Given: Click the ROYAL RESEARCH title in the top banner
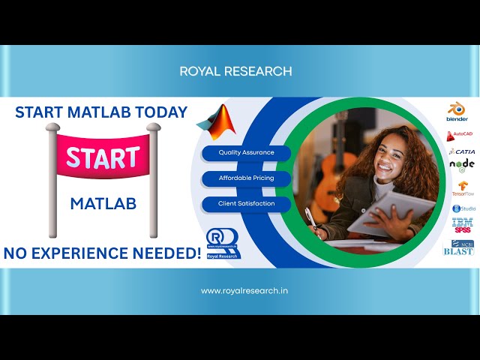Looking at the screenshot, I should coord(235,71).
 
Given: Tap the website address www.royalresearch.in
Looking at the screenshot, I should coord(235,290).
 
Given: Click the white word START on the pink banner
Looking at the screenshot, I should coord(103,157).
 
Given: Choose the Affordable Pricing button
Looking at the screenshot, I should coord(246,178).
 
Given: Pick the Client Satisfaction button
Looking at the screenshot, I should coord(246,203).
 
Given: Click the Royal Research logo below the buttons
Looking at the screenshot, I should coord(223,243).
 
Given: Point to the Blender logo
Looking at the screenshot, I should coord(457,112).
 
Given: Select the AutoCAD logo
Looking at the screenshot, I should coord(460,135).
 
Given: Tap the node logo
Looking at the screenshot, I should coord(462,165).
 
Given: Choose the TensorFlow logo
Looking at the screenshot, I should coord(462,188).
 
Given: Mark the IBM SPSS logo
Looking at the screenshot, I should coord(462,225).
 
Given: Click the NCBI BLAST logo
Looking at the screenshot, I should coord(460,247).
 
